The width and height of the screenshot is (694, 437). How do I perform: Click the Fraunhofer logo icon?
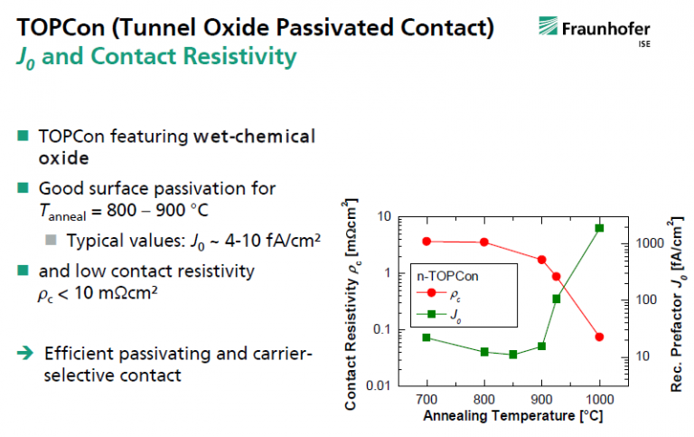(x=548, y=25)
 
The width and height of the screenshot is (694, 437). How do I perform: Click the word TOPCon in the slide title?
(x=61, y=27)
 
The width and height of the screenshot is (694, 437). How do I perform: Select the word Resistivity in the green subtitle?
(x=239, y=57)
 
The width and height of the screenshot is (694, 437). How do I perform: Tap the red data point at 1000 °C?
(x=599, y=337)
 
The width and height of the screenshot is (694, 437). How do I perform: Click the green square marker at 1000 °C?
(x=599, y=228)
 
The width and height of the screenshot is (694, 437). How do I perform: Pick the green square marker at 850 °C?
(x=513, y=355)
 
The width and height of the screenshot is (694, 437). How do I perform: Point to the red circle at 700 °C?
(x=427, y=242)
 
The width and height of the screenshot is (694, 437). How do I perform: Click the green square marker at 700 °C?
(x=427, y=337)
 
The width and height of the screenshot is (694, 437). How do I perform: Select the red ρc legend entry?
(x=438, y=294)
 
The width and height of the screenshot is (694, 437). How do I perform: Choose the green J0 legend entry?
(x=438, y=315)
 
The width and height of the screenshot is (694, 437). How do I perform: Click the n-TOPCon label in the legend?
(x=447, y=276)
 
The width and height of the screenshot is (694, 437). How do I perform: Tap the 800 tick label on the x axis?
(x=484, y=399)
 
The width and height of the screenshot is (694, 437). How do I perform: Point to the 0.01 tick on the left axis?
(x=379, y=385)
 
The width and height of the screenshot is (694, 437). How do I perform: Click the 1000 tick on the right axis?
(x=650, y=242)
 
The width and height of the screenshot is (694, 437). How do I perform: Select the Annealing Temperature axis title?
(x=513, y=415)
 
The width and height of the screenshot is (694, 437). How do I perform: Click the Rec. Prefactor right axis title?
(x=677, y=304)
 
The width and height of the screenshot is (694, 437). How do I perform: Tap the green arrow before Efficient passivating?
(x=25, y=353)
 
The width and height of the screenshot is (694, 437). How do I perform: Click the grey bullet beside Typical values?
(x=51, y=241)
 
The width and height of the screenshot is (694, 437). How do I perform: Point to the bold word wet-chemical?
(x=254, y=137)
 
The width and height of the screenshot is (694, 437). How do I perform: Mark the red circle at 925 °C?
(x=557, y=277)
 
